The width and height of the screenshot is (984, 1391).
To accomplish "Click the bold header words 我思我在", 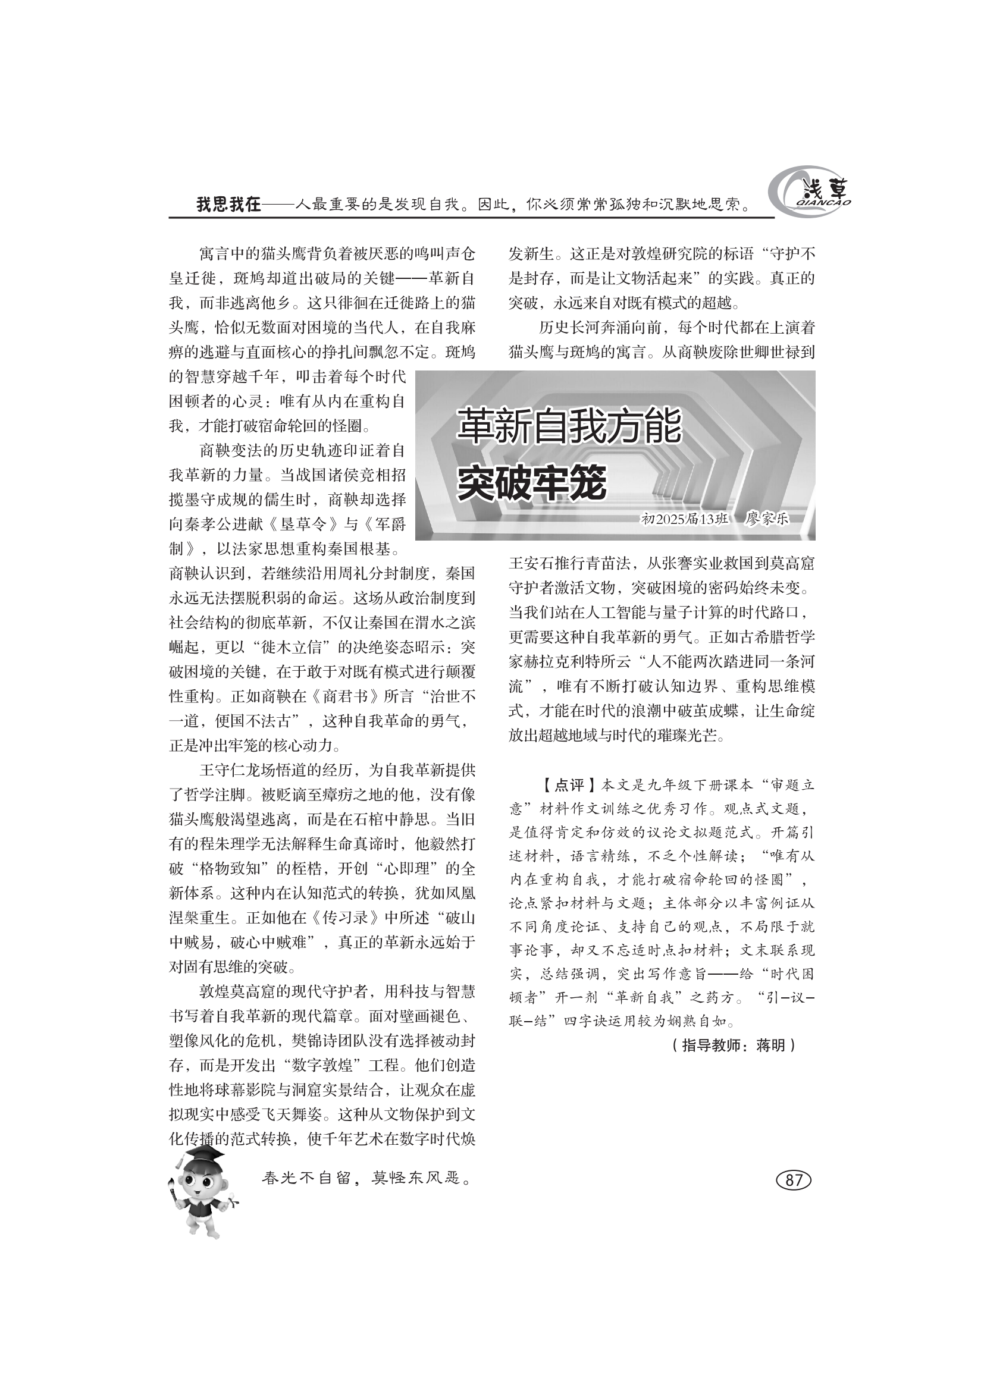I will click(x=228, y=205).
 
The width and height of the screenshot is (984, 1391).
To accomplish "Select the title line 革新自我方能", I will click(x=569, y=426).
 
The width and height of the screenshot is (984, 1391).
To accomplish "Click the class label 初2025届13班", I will click(x=684, y=519).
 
